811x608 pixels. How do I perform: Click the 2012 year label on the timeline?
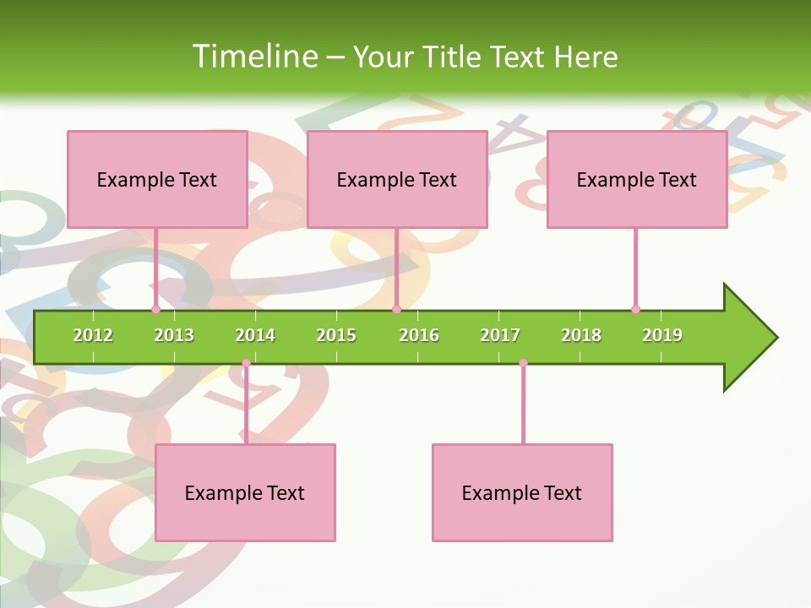[x=93, y=335]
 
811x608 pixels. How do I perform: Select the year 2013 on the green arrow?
[x=174, y=335]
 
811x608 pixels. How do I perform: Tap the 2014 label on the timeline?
[x=255, y=335]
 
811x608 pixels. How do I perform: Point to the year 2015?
[x=336, y=335]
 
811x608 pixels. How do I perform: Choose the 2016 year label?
[x=419, y=335]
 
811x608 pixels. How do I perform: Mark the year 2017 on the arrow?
[x=500, y=335]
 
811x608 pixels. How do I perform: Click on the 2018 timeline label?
[x=581, y=335]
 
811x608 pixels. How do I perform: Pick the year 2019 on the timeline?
[x=662, y=335]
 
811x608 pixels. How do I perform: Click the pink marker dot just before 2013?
[x=155, y=309]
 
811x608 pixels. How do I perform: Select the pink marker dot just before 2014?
[x=246, y=363]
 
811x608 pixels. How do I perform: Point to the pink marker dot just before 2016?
[x=396, y=309]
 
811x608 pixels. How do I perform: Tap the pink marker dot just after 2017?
[x=523, y=363]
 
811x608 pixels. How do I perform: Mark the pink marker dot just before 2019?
[x=635, y=309]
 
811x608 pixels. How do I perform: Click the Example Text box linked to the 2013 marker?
[x=157, y=179]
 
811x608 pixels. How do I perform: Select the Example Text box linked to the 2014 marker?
[x=245, y=492]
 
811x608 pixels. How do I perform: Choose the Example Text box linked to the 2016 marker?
[x=397, y=179]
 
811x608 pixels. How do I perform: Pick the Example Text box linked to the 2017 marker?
[x=522, y=492]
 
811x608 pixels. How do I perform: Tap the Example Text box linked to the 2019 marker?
[x=637, y=179]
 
